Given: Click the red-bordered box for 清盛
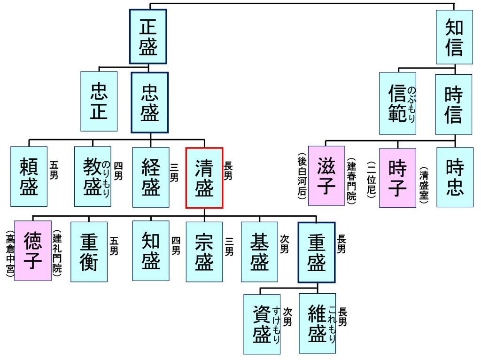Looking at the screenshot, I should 204,178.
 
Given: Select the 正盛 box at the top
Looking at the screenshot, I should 148,36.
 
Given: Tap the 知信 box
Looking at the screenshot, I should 454,37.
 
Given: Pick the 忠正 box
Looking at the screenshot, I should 99,101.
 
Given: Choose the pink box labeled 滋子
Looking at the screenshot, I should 326,175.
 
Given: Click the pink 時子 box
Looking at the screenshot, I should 397,178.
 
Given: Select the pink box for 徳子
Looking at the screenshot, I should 33,250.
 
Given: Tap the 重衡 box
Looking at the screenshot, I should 89,252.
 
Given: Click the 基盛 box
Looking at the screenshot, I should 259,252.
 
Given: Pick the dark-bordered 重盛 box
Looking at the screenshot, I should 317,252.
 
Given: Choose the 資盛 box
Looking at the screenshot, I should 262,324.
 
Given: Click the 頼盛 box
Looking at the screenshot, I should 29,177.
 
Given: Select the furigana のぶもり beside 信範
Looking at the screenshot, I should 412,105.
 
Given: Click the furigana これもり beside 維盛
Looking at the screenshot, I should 332,324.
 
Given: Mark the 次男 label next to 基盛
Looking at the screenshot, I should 284,244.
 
